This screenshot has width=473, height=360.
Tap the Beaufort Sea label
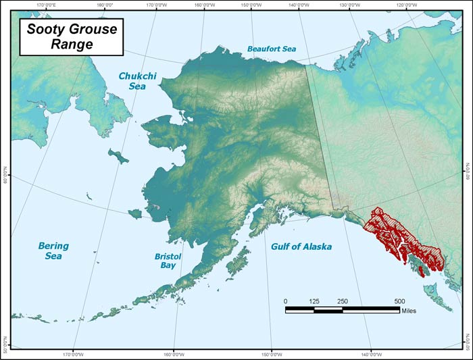pos(271,49)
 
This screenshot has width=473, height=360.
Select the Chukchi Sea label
pos(137,82)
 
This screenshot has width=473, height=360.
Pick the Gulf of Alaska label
pos(301,247)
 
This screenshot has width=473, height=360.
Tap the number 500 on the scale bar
pos(399,301)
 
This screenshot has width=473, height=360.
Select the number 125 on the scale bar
pos(314,301)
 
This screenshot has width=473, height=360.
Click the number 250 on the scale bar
pos(343,301)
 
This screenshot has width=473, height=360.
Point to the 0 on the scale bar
pos(285,301)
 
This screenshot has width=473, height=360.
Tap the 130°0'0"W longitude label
pos(351,5)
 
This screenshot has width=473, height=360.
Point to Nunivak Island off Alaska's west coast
pos(136,213)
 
